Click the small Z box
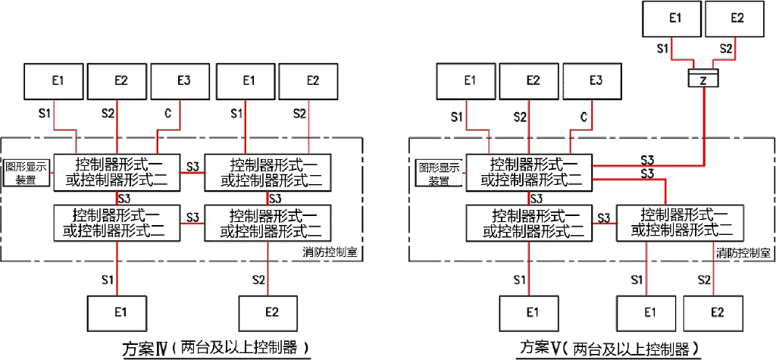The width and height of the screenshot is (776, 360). [702, 79]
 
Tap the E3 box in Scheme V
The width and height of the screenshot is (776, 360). [595, 81]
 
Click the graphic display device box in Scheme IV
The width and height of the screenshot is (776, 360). [27, 172]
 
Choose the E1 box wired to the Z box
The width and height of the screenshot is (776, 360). [671, 19]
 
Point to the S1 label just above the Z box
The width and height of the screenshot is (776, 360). [662, 49]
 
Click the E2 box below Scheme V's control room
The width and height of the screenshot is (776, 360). [715, 311]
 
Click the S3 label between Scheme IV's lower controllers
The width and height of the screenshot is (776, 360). [192, 217]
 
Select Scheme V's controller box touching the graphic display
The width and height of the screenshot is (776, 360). [528, 173]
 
